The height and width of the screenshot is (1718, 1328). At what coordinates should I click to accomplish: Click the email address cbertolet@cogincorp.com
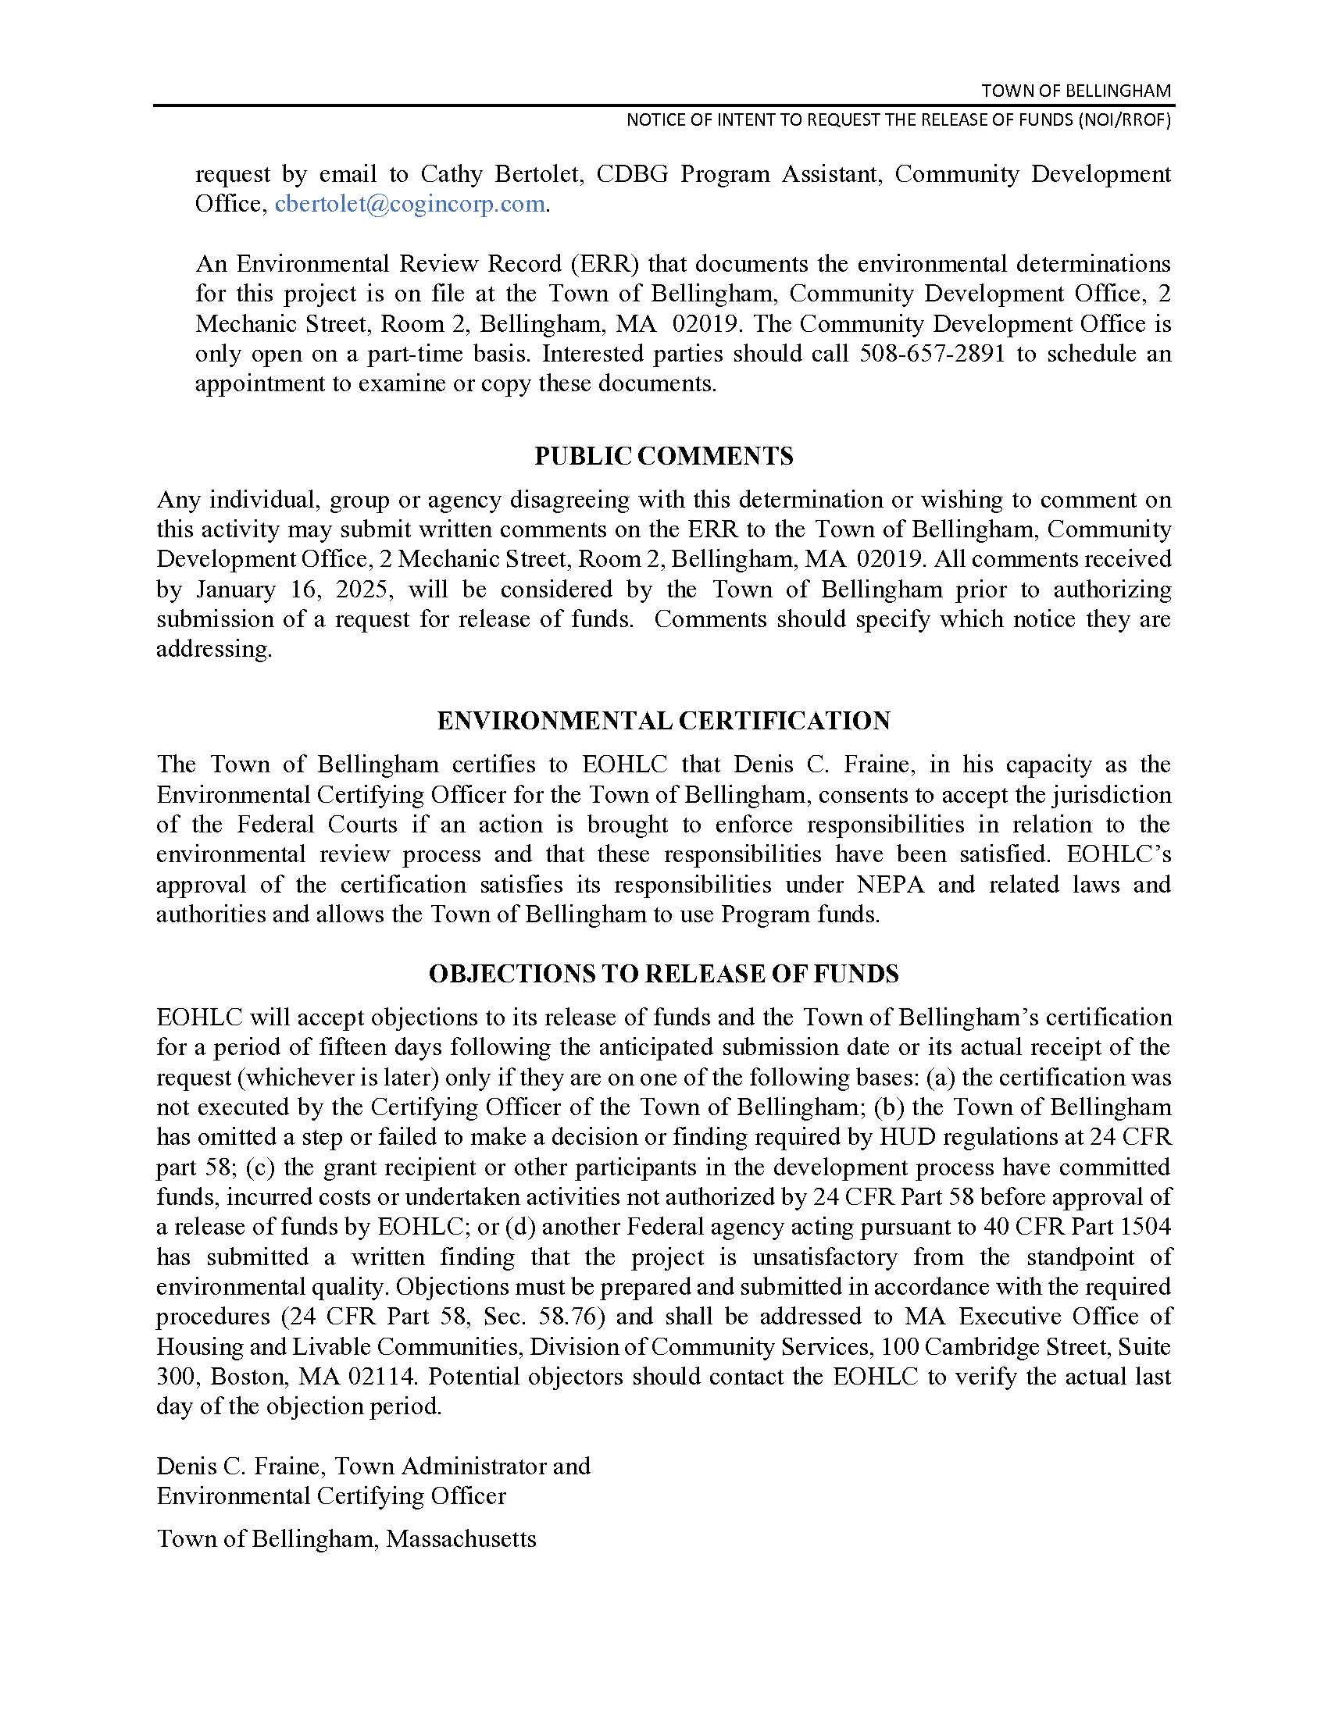click(x=410, y=204)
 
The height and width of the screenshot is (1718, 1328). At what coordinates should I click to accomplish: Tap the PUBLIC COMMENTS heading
click(x=663, y=456)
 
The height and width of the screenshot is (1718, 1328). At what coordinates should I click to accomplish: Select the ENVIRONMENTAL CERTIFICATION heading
click(x=663, y=721)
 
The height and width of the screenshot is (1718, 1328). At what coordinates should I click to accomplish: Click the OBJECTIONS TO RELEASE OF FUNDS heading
click(x=663, y=974)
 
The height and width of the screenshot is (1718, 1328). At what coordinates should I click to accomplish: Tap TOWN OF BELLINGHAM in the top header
click(x=1076, y=91)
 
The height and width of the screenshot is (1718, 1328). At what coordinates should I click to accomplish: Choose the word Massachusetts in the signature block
click(x=461, y=1538)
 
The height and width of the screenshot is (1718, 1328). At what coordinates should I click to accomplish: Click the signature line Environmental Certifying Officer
click(x=331, y=1495)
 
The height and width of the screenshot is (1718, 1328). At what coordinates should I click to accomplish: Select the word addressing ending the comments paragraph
click(x=213, y=650)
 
